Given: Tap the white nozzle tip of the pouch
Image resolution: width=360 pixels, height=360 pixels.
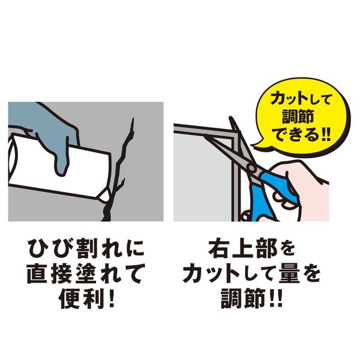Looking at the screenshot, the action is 103,195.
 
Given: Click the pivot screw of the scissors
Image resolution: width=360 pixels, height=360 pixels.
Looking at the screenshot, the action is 251,168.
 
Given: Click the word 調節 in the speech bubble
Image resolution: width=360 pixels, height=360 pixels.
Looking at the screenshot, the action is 298,117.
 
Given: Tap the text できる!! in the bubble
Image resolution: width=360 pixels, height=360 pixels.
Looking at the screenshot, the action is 302,136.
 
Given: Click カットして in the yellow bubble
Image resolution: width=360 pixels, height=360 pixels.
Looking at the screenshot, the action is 301,99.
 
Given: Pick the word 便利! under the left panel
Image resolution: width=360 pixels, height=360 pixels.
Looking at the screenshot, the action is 86,298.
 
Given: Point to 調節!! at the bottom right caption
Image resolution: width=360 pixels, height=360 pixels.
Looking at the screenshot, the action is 251,298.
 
